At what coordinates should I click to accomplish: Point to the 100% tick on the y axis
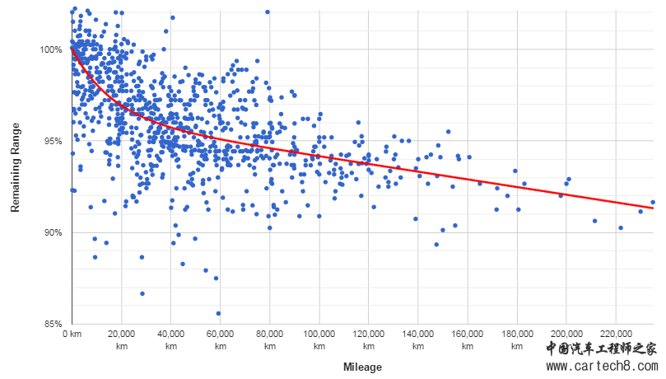(x=51, y=49)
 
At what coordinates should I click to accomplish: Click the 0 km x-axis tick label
(x=72, y=335)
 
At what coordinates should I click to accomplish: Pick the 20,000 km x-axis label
(x=122, y=340)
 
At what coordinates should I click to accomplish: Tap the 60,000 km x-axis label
(x=221, y=340)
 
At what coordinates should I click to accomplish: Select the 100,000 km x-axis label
(x=319, y=340)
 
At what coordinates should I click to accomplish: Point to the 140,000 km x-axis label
(x=418, y=340)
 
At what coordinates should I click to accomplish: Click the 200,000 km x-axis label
(x=566, y=340)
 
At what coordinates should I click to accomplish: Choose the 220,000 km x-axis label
(x=616, y=340)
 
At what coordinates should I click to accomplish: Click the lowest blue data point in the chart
(x=218, y=313)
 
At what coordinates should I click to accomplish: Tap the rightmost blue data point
(x=653, y=202)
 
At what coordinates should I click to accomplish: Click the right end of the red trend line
(x=653, y=208)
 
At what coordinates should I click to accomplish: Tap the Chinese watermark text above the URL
(x=602, y=349)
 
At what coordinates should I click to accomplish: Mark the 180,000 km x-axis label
(x=517, y=340)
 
